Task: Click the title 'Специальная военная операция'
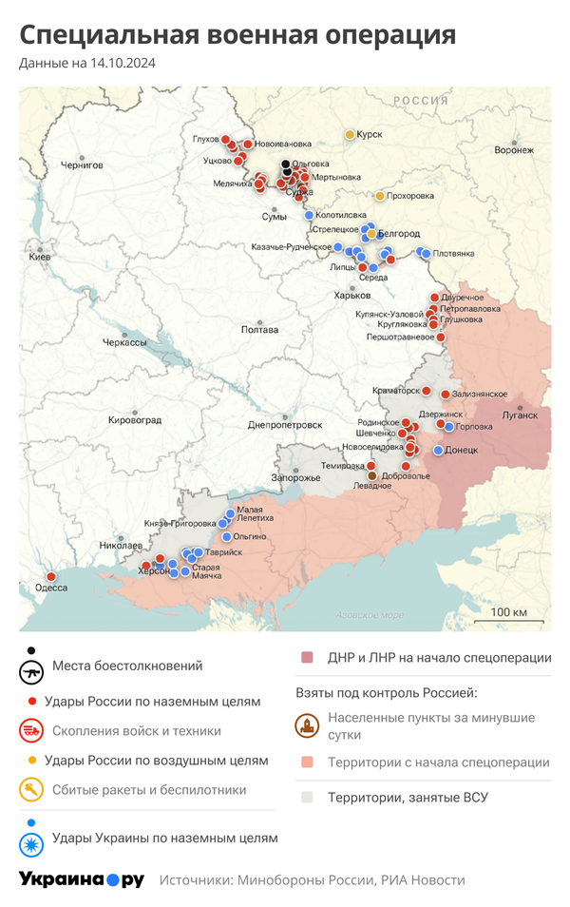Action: [237, 35]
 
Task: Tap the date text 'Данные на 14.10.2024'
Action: [87, 64]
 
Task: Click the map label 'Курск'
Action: [370, 134]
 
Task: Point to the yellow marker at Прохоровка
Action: [380, 196]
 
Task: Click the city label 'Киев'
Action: [40, 258]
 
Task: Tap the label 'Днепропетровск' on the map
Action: [285, 424]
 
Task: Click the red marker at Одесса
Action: [50, 576]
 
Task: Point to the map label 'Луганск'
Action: [520, 415]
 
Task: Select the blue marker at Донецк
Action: [439, 450]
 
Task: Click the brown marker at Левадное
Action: [372, 475]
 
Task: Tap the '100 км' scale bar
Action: [509, 611]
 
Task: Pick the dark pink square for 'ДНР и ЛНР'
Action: [307, 658]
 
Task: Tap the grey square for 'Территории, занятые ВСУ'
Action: [307, 798]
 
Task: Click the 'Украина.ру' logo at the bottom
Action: [82, 879]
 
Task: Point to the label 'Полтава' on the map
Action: [259, 330]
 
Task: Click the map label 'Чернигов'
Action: [82, 164]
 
